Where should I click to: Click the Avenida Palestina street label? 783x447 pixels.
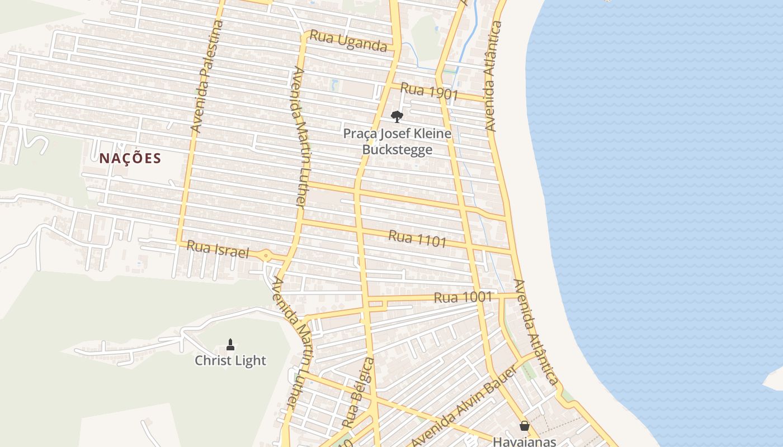tap(207, 77)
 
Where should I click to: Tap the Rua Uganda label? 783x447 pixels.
tap(348, 41)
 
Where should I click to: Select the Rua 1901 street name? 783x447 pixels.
tap(429, 92)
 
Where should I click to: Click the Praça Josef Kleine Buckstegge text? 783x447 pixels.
tap(397, 141)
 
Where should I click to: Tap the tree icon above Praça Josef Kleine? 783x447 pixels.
tap(397, 116)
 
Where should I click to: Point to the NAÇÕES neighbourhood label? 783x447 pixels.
tap(130, 159)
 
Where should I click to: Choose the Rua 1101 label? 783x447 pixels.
tap(417, 239)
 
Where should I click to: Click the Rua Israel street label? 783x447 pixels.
tap(218, 249)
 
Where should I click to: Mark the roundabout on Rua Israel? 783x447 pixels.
tap(266, 256)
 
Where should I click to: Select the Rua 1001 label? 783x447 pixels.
tap(463, 297)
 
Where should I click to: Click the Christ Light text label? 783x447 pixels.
tap(230, 360)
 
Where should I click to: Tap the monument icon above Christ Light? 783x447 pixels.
tap(230, 344)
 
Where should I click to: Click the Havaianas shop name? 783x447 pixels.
tap(524, 441)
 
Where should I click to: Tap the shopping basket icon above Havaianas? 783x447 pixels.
tap(525, 426)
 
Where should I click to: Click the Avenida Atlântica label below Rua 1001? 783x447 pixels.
tap(536, 332)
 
